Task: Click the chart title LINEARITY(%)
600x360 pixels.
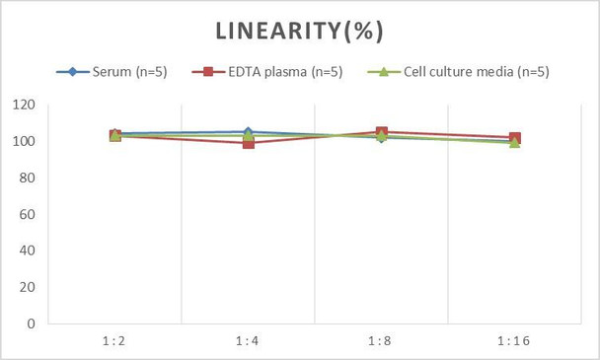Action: point(299,31)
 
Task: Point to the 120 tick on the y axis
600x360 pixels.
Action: point(25,105)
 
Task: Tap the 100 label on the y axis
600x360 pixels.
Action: point(25,141)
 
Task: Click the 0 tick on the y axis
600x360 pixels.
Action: point(32,324)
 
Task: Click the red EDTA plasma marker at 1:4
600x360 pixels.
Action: point(248,143)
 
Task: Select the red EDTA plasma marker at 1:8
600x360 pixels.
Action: point(381,132)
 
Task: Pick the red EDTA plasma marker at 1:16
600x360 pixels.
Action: point(514,138)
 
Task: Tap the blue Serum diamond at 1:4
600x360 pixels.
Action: point(248,132)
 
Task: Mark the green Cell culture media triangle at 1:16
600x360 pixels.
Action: point(514,143)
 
